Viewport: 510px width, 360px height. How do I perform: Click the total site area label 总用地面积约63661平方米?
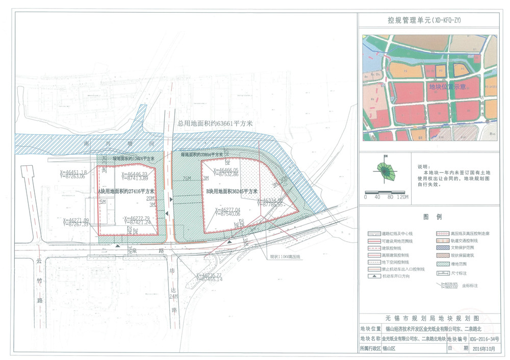[x=215, y=123]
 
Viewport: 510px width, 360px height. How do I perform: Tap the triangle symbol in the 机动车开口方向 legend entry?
[x=374, y=277]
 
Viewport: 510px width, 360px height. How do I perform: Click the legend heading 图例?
[x=429, y=217]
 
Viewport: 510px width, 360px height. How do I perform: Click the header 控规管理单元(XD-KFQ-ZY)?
[x=428, y=20]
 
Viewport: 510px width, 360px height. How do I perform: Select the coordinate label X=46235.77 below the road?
[x=210, y=275]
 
